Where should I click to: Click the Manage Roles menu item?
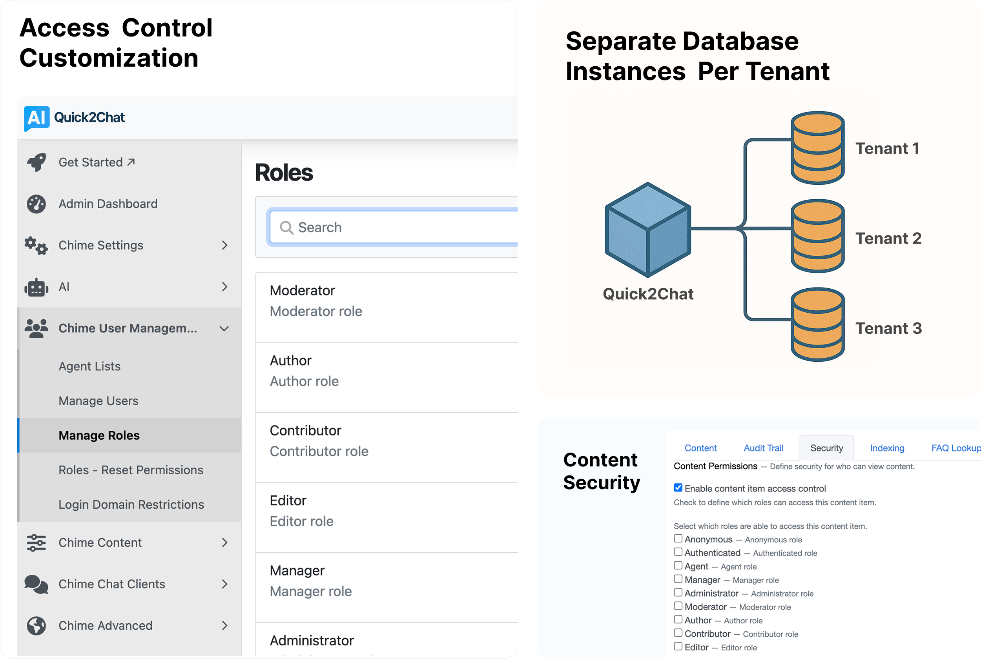click(99, 435)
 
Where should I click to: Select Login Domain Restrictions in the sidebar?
click(131, 504)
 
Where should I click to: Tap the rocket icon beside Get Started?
click(36, 162)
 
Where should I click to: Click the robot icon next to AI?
click(36, 288)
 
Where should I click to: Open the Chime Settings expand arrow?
click(224, 246)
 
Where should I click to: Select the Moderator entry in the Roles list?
click(303, 291)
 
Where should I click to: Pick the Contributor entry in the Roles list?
click(306, 431)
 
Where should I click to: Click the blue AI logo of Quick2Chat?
click(37, 118)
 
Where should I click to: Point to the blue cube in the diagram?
click(648, 230)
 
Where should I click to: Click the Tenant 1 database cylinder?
click(817, 148)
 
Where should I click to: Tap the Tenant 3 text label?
click(888, 329)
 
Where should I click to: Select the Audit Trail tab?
click(763, 448)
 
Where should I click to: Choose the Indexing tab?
click(887, 448)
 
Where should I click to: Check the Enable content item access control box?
click(678, 488)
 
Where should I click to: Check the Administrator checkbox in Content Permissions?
click(678, 592)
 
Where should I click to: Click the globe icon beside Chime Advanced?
click(36, 626)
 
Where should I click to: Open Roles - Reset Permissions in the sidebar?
click(131, 470)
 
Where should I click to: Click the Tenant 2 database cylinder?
click(817, 236)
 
